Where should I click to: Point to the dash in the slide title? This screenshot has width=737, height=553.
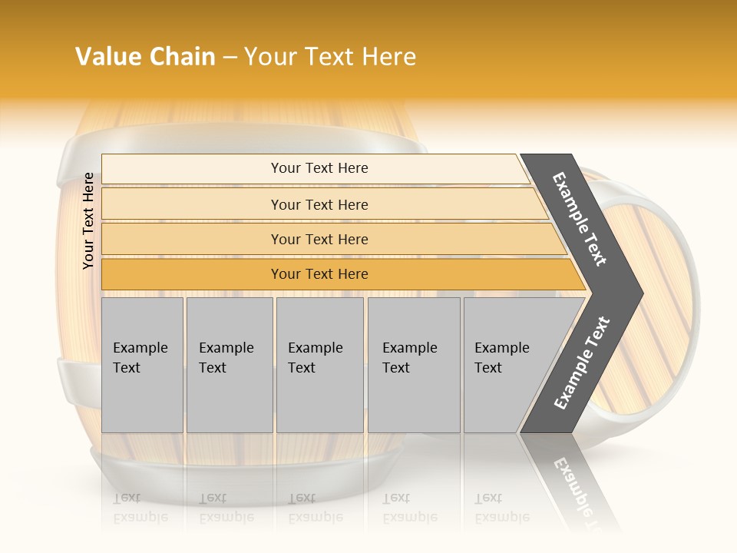tap(230, 58)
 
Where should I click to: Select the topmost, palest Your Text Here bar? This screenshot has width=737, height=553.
tap(319, 168)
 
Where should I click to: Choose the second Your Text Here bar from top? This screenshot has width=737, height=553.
tap(319, 204)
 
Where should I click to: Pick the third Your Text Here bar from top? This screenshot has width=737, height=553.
tap(319, 239)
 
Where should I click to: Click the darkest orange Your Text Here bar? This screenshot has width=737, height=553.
tap(319, 274)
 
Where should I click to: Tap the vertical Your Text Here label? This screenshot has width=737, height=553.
tap(88, 220)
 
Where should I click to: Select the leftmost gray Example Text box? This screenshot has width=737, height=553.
tap(142, 365)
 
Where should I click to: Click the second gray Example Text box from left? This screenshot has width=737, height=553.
tap(229, 365)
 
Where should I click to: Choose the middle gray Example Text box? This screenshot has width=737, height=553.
tap(319, 365)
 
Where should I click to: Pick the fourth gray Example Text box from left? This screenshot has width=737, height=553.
tap(413, 365)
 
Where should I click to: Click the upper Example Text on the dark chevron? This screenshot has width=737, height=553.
tap(580, 219)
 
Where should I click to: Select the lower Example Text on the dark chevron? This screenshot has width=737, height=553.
tap(582, 363)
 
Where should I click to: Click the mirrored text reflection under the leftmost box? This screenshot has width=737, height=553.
tap(140, 508)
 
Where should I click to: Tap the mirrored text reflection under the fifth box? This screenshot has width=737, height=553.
tap(501, 508)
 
